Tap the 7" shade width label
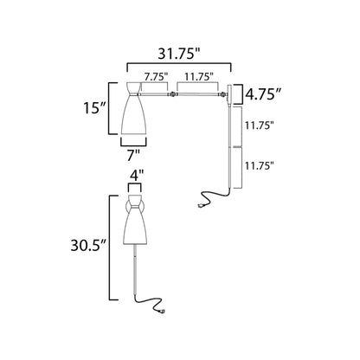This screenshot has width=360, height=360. click(132, 156)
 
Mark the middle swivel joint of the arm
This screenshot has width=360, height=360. click(172, 93)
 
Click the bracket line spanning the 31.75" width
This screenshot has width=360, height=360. click(180, 63)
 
